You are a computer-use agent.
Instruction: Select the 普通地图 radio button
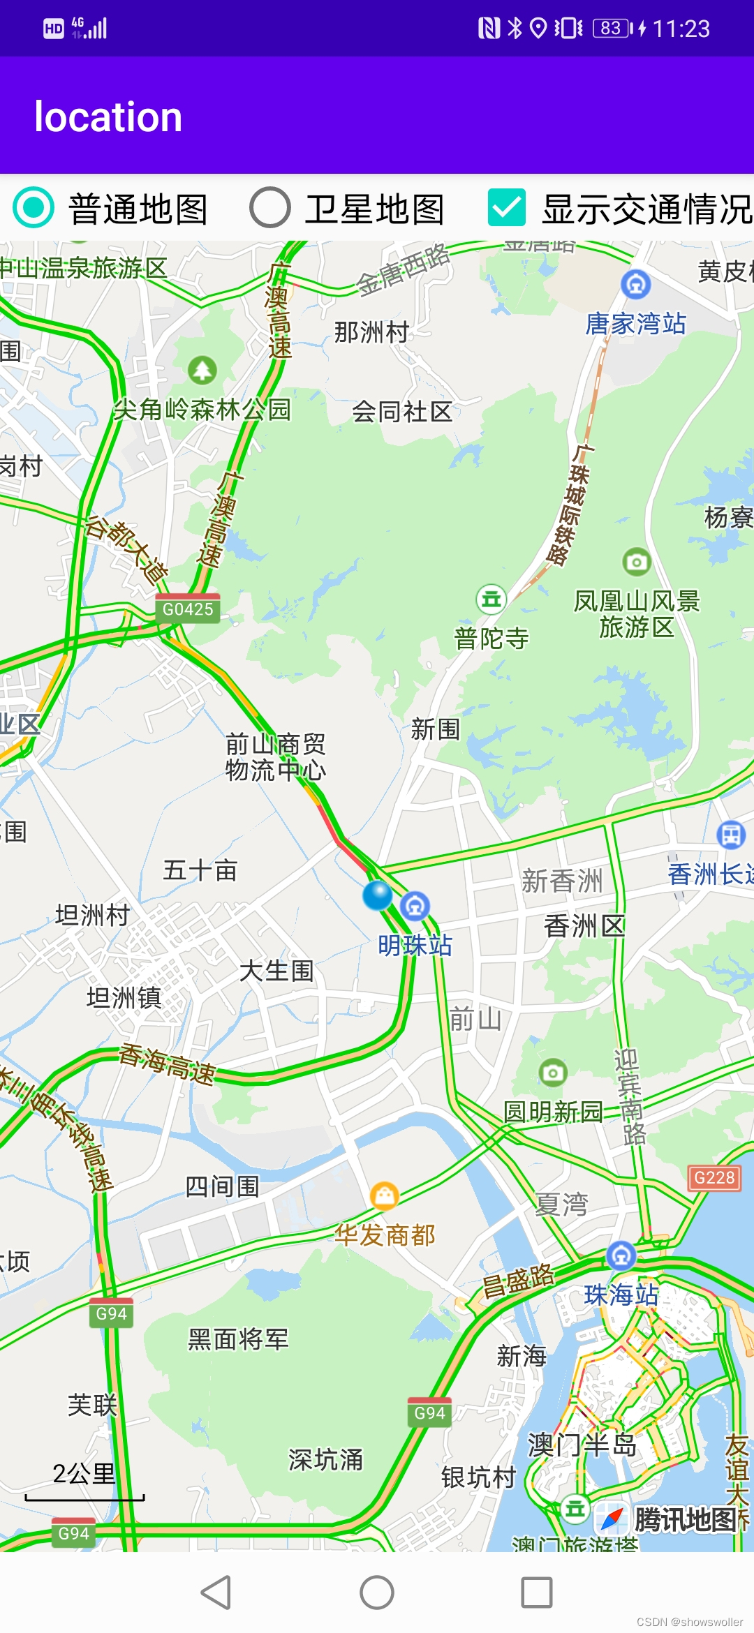tap(34, 208)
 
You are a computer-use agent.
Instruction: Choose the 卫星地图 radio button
tap(270, 208)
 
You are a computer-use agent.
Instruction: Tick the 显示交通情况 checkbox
tap(506, 208)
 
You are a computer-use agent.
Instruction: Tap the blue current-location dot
tap(378, 895)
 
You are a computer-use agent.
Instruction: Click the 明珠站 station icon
tap(415, 907)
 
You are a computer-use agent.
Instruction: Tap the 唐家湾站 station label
tap(635, 324)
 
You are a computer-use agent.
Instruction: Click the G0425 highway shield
tap(187, 609)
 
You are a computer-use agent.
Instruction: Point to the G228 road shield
tap(714, 1178)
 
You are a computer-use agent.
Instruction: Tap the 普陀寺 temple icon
tap(491, 599)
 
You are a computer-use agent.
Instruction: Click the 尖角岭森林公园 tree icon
tap(202, 370)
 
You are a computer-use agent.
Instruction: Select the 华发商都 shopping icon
tap(384, 1196)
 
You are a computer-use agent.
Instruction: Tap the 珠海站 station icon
tap(621, 1256)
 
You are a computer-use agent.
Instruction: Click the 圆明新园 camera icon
tap(553, 1073)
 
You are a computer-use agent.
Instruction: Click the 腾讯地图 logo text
tap(684, 1519)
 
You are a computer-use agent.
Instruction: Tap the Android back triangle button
tap(216, 1593)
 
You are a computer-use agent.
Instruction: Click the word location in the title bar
tap(108, 117)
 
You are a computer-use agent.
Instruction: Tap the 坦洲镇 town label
tap(124, 998)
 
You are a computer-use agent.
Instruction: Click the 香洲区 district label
tap(584, 927)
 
